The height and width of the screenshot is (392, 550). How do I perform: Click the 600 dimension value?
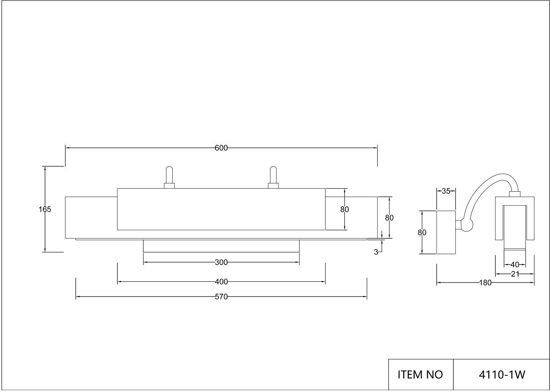coord(221,148)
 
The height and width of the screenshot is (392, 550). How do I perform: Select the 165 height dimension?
coord(45,209)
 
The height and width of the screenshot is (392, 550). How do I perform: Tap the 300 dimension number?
coord(221,262)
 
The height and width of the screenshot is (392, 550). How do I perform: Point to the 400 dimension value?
coord(221,282)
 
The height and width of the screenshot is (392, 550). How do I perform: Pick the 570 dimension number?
coord(221,297)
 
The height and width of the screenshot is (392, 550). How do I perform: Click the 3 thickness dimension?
coord(376,252)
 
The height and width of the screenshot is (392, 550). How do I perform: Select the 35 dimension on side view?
coord(446,191)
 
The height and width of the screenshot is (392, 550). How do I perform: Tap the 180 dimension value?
coord(485,283)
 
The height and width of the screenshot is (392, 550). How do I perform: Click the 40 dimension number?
coord(515,265)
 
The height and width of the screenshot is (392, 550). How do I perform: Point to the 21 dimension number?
coord(515,274)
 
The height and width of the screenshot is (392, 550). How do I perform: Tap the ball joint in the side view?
coord(467,225)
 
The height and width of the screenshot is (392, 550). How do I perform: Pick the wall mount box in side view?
coord(446,232)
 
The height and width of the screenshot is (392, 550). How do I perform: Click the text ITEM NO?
coord(420,375)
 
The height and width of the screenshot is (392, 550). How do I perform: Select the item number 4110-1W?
coord(502,375)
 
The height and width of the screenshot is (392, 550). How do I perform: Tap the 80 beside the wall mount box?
coord(422,233)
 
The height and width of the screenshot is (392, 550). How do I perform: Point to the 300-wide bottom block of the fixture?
coord(221,246)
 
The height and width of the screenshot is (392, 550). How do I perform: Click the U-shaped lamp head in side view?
coord(515,219)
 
